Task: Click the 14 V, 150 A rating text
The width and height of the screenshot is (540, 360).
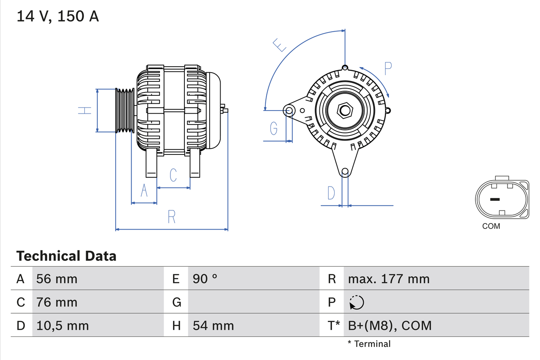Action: (x=57, y=16)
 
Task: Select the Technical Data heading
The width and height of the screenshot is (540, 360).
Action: (x=66, y=256)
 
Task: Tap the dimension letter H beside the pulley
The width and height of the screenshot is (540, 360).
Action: (x=85, y=111)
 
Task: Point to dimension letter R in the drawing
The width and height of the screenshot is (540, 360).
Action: (x=171, y=217)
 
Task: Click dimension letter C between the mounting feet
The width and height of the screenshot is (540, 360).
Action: (x=173, y=175)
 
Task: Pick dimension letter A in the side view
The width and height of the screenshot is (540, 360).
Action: (x=144, y=191)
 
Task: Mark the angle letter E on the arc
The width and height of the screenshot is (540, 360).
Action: (x=279, y=45)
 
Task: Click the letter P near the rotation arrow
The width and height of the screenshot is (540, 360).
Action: (x=388, y=68)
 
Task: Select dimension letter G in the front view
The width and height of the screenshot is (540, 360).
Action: (x=274, y=128)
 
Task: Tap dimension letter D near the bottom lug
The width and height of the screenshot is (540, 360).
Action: (x=331, y=193)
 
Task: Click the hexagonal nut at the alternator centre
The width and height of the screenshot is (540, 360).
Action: (x=345, y=111)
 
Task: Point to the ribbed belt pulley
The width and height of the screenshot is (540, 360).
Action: (x=125, y=111)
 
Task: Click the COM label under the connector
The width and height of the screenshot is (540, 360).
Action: (x=491, y=226)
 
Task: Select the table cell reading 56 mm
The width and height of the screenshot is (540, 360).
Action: (x=57, y=279)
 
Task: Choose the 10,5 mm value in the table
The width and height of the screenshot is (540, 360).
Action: (x=62, y=325)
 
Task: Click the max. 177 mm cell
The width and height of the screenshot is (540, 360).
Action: (x=389, y=279)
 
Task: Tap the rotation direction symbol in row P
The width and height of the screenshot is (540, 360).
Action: (x=356, y=302)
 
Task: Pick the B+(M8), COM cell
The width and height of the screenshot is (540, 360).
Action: (x=390, y=325)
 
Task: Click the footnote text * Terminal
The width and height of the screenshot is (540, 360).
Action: (x=369, y=344)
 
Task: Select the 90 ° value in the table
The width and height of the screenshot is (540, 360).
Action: (x=205, y=279)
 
